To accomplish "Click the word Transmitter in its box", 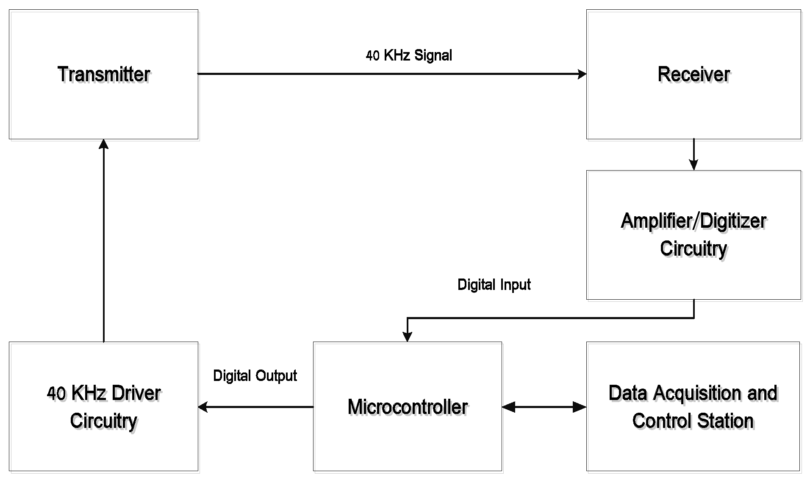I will (104, 74).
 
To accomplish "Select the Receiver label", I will (693, 74).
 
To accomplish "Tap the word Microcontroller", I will (408, 407).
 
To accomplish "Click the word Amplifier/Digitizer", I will (693, 221).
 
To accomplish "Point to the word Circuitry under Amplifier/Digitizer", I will (693, 248).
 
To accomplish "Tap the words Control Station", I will (693, 421).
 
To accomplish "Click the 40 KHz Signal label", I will (409, 55).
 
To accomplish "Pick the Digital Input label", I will (494, 284).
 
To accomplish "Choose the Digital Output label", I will (255, 375).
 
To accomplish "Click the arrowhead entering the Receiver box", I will (582, 74).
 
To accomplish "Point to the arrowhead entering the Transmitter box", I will (104, 144).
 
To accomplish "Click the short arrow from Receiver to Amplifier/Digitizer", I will (693, 154).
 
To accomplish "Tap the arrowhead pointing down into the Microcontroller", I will (407, 337).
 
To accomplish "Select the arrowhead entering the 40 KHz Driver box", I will (203, 407).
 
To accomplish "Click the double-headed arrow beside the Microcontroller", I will (544, 407).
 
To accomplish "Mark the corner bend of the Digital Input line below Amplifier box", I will (694, 317).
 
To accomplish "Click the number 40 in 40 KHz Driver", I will (56, 394).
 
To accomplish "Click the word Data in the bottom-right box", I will (628, 393).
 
